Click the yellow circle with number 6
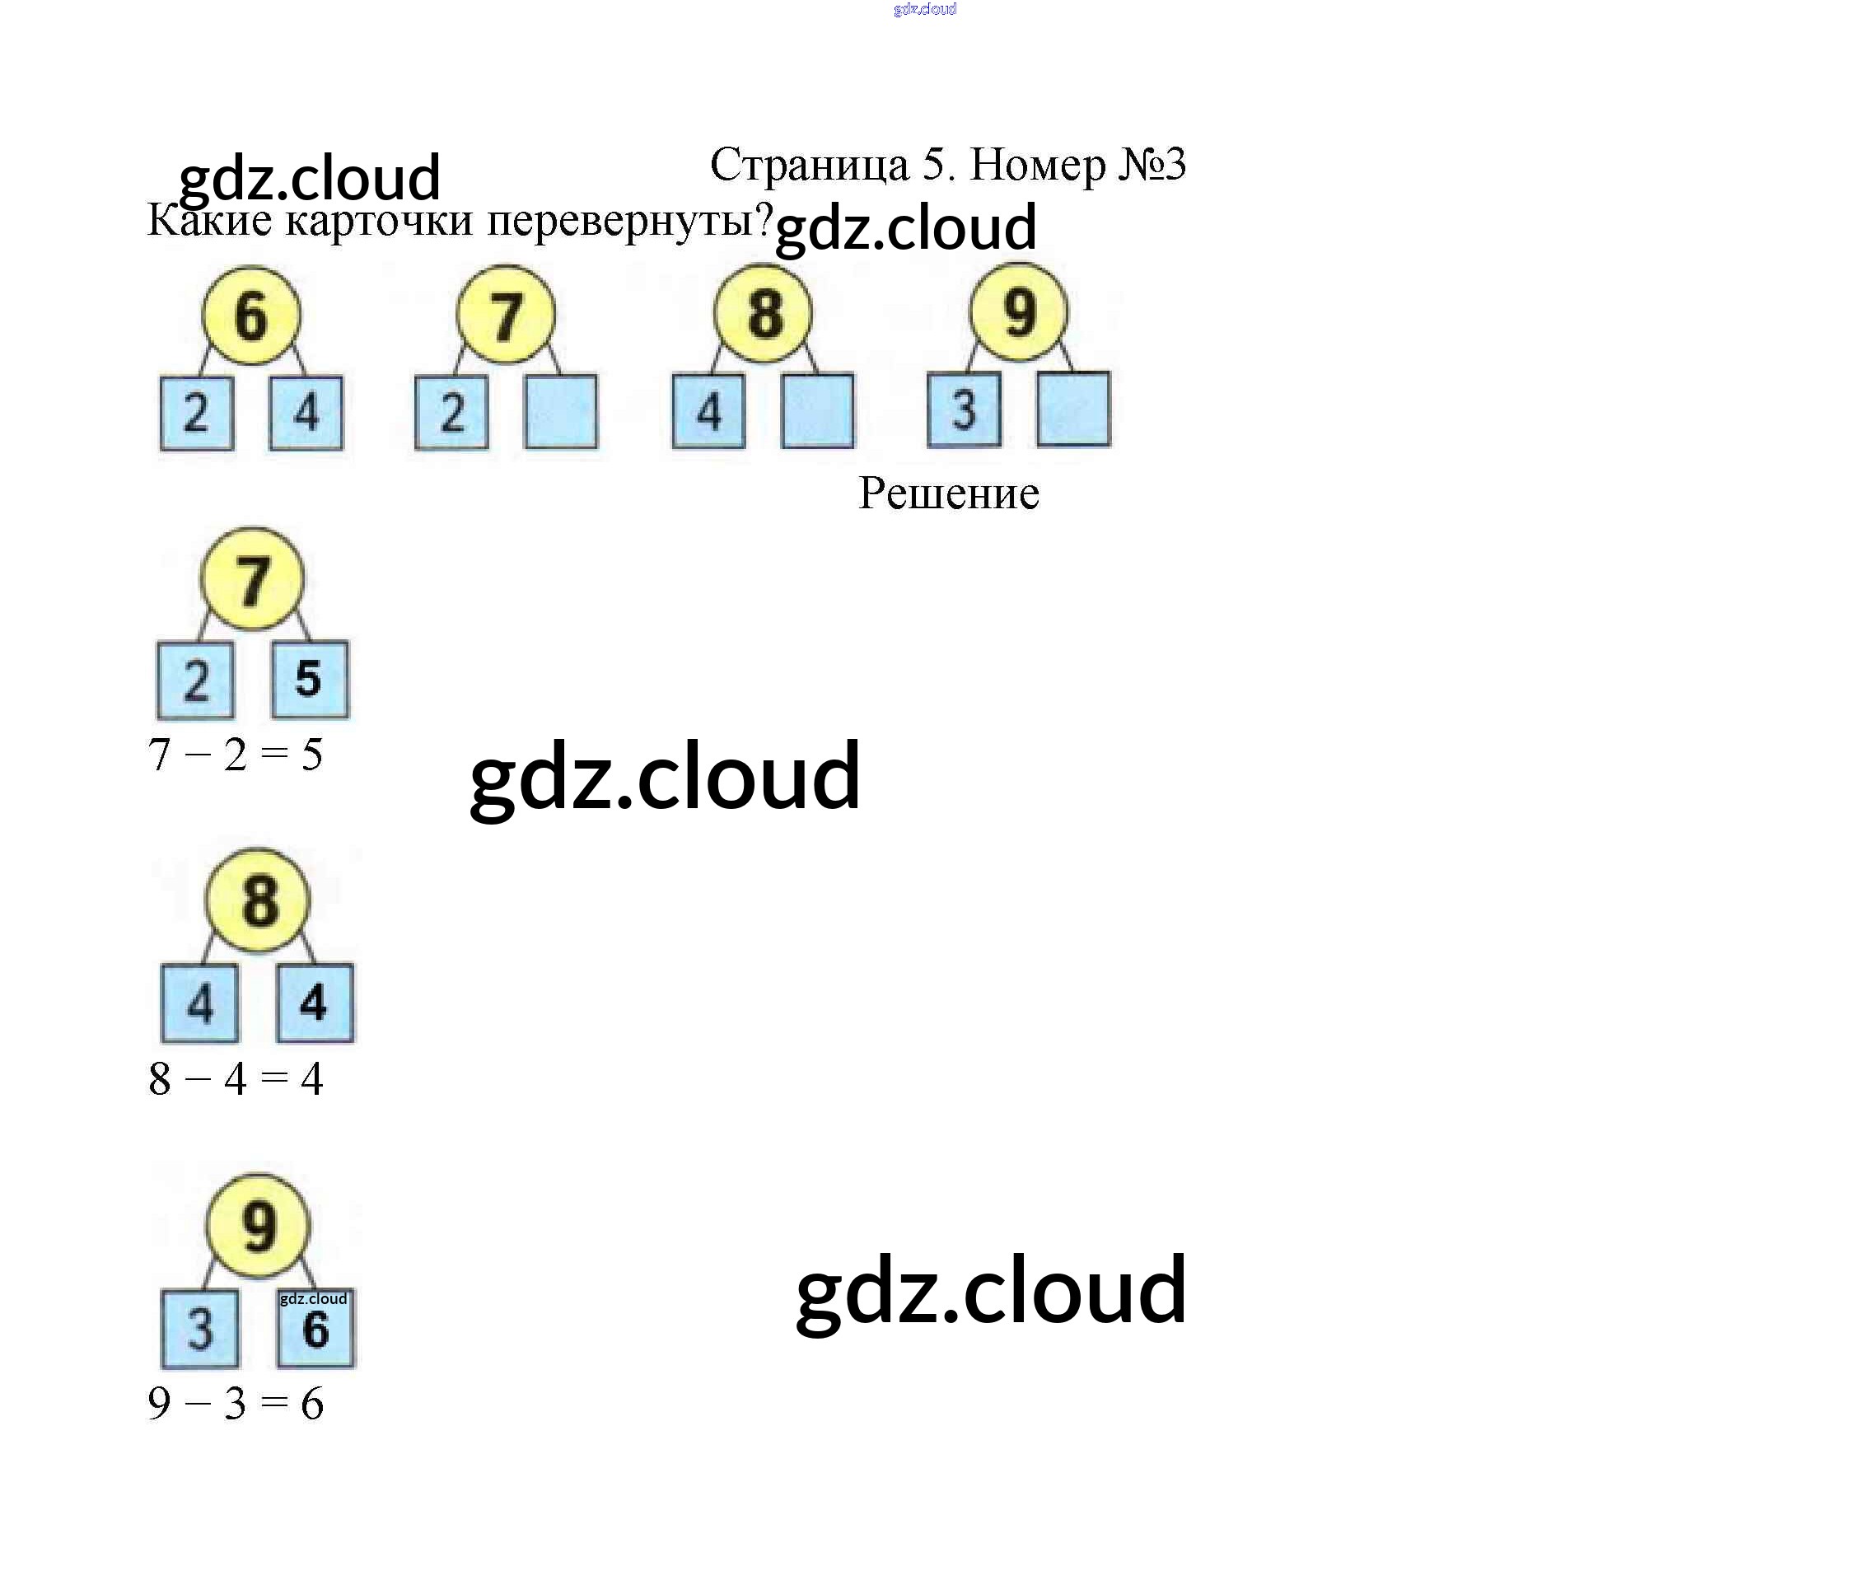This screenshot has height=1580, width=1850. tap(251, 316)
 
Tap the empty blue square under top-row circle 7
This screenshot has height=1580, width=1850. tap(562, 412)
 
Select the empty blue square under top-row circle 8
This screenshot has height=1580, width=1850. tap(818, 410)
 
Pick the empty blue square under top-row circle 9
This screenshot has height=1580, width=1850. tap(1074, 409)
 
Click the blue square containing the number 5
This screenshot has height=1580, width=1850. tap(310, 679)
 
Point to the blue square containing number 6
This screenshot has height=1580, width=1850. tap(316, 1328)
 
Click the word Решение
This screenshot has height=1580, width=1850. tap(948, 493)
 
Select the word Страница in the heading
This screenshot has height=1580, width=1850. tap(809, 164)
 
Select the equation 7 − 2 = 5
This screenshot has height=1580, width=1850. tap(235, 755)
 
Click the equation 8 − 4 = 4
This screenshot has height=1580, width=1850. tap(235, 1079)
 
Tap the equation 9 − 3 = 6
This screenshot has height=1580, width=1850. tap(235, 1403)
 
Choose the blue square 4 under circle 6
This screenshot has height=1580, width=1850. tap(306, 413)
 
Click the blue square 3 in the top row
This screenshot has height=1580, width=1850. tap(965, 409)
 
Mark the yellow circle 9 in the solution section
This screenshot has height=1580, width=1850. tap(259, 1226)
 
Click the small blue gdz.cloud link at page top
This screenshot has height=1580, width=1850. tap(925, 9)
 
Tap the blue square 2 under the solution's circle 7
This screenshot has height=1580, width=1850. tap(195, 680)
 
